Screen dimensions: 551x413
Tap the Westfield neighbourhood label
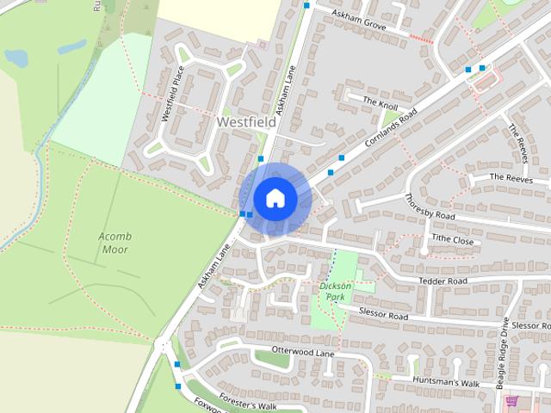click(x=247, y=123)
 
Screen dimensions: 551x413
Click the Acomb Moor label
click(x=114, y=242)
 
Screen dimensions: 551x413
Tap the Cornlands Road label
click(x=391, y=126)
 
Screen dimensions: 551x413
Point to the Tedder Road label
click(x=443, y=281)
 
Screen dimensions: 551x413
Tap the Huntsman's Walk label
click(x=445, y=382)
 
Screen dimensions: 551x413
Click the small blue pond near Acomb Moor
click(x=15, y=58)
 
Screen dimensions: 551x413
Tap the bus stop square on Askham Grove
click(x=306, y=5)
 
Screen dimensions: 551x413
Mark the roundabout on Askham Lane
click(x=164, y=346)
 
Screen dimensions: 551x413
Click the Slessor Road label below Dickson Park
click(x=384, y=316)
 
